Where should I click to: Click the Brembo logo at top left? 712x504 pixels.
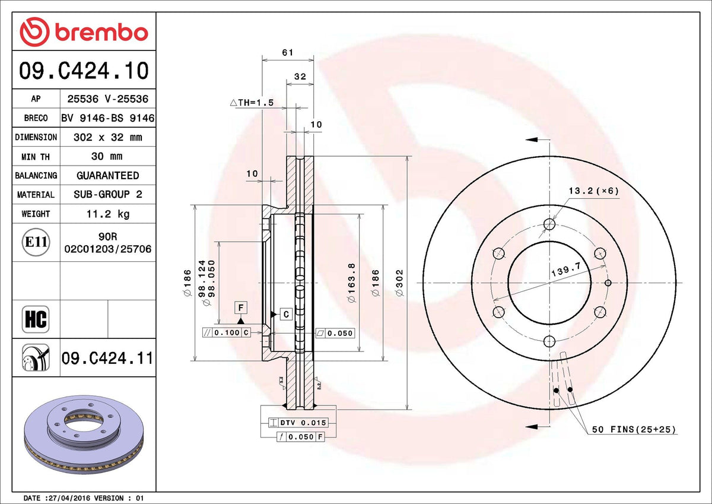click(x=84, y=32)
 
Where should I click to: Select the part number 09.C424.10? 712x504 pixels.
click(x=84, y=70)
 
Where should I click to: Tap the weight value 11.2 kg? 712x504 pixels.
click(x=108, y=214)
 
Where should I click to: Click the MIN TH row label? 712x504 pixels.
click(x=36, y=157)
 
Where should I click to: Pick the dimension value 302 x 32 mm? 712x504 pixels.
click(x=108, y=137)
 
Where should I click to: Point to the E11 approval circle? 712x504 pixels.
click(x=36, y=242)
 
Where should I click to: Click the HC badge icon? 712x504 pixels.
click(x=36, y=319)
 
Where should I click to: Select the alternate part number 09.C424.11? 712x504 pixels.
click(x=107, y=359)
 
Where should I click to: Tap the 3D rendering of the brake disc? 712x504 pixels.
click(x=84, y=435)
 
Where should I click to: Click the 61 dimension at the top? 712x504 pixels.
click(x=288, y=52)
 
